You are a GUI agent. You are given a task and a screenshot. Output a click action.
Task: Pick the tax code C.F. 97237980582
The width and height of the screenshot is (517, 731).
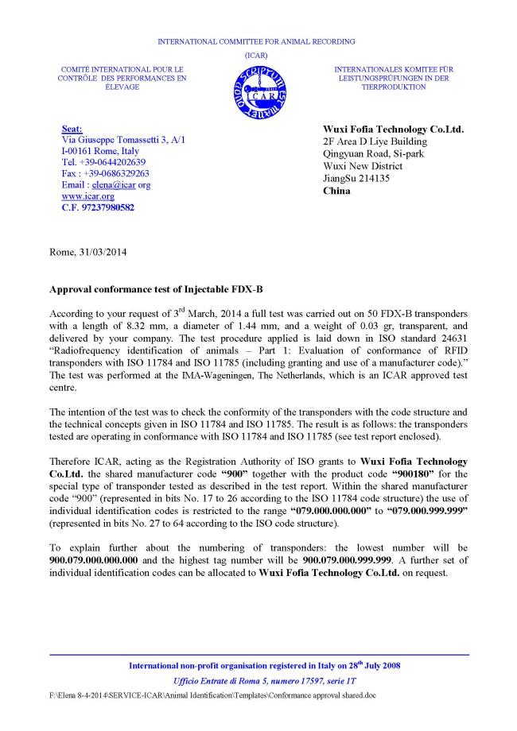point(98,208)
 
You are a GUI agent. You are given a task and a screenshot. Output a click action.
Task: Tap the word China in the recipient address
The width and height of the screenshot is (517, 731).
point(336,191)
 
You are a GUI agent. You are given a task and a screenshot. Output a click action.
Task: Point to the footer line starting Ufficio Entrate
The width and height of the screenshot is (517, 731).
point(259,682)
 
